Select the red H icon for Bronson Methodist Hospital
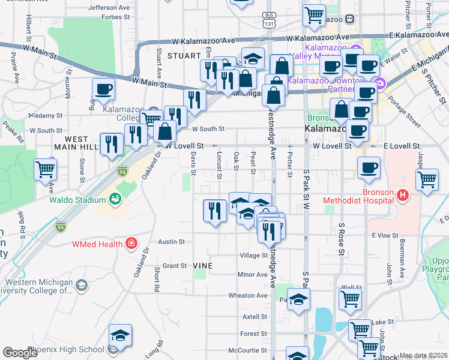(403, 196)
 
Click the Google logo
(20, 353)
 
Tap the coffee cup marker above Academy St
(103, 89)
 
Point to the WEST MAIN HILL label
(80, 143)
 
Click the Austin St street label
(171, 242)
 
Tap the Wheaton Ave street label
(247, 295)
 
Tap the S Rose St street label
(341, 233)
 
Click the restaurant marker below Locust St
(215, 211)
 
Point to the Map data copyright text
(423, 356)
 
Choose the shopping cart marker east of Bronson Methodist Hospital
(427, 179)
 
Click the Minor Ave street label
(252, 274)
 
